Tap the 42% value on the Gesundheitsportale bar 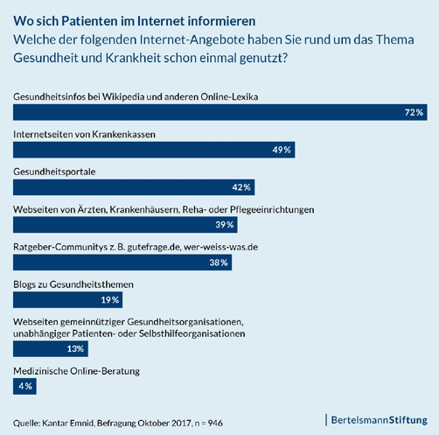pos(241,187)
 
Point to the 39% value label pos(225,225)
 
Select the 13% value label pos(75,348)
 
